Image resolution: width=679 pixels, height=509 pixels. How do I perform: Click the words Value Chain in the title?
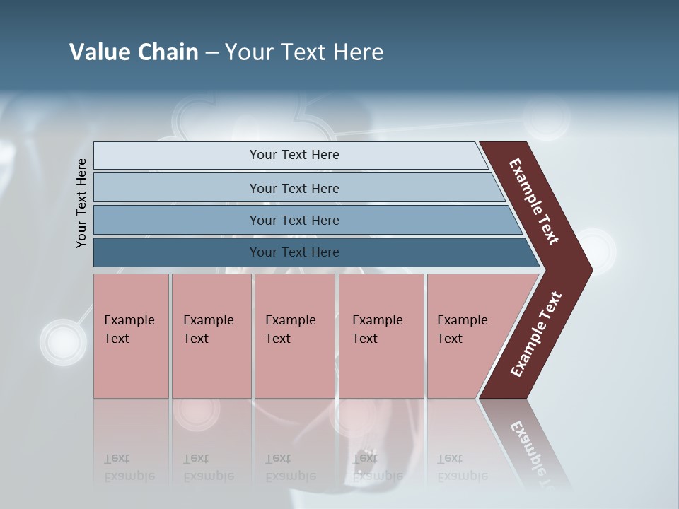[x=134, y=52]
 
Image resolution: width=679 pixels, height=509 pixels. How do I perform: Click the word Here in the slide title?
[x=359, y=52]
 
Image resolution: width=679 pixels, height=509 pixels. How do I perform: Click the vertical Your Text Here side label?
[x=81, y=203]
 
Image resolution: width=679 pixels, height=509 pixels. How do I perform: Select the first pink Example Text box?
[x=131, y=336]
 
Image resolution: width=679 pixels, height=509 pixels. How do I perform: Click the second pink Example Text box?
[x=211, y=336]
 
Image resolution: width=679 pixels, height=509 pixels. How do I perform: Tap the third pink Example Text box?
[x=294, y=336]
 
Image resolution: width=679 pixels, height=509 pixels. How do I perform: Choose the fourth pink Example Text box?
[x=381, y=336]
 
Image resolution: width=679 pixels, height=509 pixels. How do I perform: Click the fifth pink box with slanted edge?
[x=467, y=336]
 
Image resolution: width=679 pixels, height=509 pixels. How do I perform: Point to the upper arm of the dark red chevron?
[x=534, y=201]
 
